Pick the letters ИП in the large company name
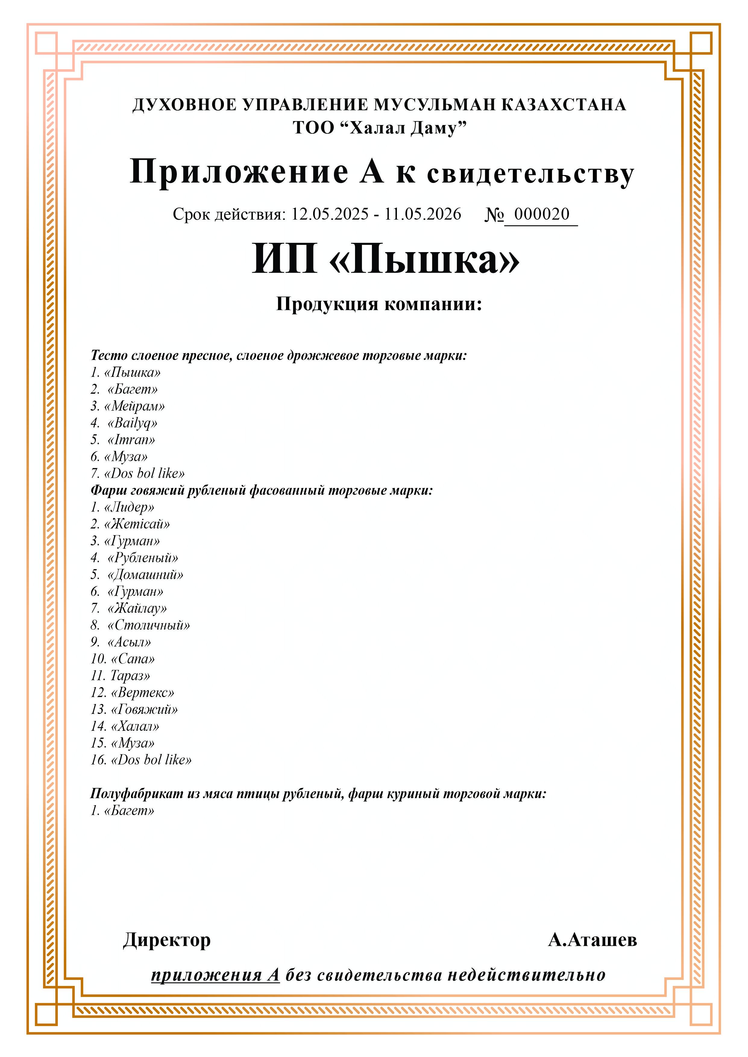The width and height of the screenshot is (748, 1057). (284, 259)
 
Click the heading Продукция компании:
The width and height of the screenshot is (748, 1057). (379, 304)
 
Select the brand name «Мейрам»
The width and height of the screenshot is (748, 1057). (134, 406)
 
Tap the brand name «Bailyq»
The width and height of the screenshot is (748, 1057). (132, 423)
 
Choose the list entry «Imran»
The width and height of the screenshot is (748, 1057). (131, 440)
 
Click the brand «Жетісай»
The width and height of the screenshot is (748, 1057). (137, 524)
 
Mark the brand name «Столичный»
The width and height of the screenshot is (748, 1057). (148, 625)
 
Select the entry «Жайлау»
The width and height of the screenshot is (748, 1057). (137, 608)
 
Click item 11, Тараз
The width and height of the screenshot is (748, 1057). (130, 676)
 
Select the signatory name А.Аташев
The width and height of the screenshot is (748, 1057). (592, 940)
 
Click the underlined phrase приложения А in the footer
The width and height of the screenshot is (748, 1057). (215, 974)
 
